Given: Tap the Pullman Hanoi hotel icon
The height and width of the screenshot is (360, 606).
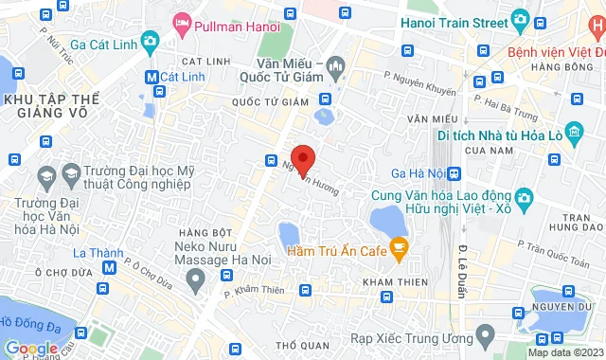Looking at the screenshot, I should click(181, 22).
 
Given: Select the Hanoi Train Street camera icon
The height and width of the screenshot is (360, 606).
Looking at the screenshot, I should click(519, 19).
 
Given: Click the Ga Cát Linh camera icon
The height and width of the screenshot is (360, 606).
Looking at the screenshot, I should click(150, 41).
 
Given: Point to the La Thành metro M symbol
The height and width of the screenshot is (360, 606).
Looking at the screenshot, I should click(110, 267).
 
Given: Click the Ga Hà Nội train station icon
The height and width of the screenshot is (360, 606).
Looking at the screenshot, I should click(455, 173).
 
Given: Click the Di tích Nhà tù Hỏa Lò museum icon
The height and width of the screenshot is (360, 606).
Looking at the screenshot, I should click(572, 134).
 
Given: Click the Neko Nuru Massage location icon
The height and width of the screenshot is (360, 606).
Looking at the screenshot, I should click(195, 279).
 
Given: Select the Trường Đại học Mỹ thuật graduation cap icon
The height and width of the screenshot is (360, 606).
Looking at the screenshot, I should click(71, 173).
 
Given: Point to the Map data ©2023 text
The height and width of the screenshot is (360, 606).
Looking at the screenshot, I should click(563, 352).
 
